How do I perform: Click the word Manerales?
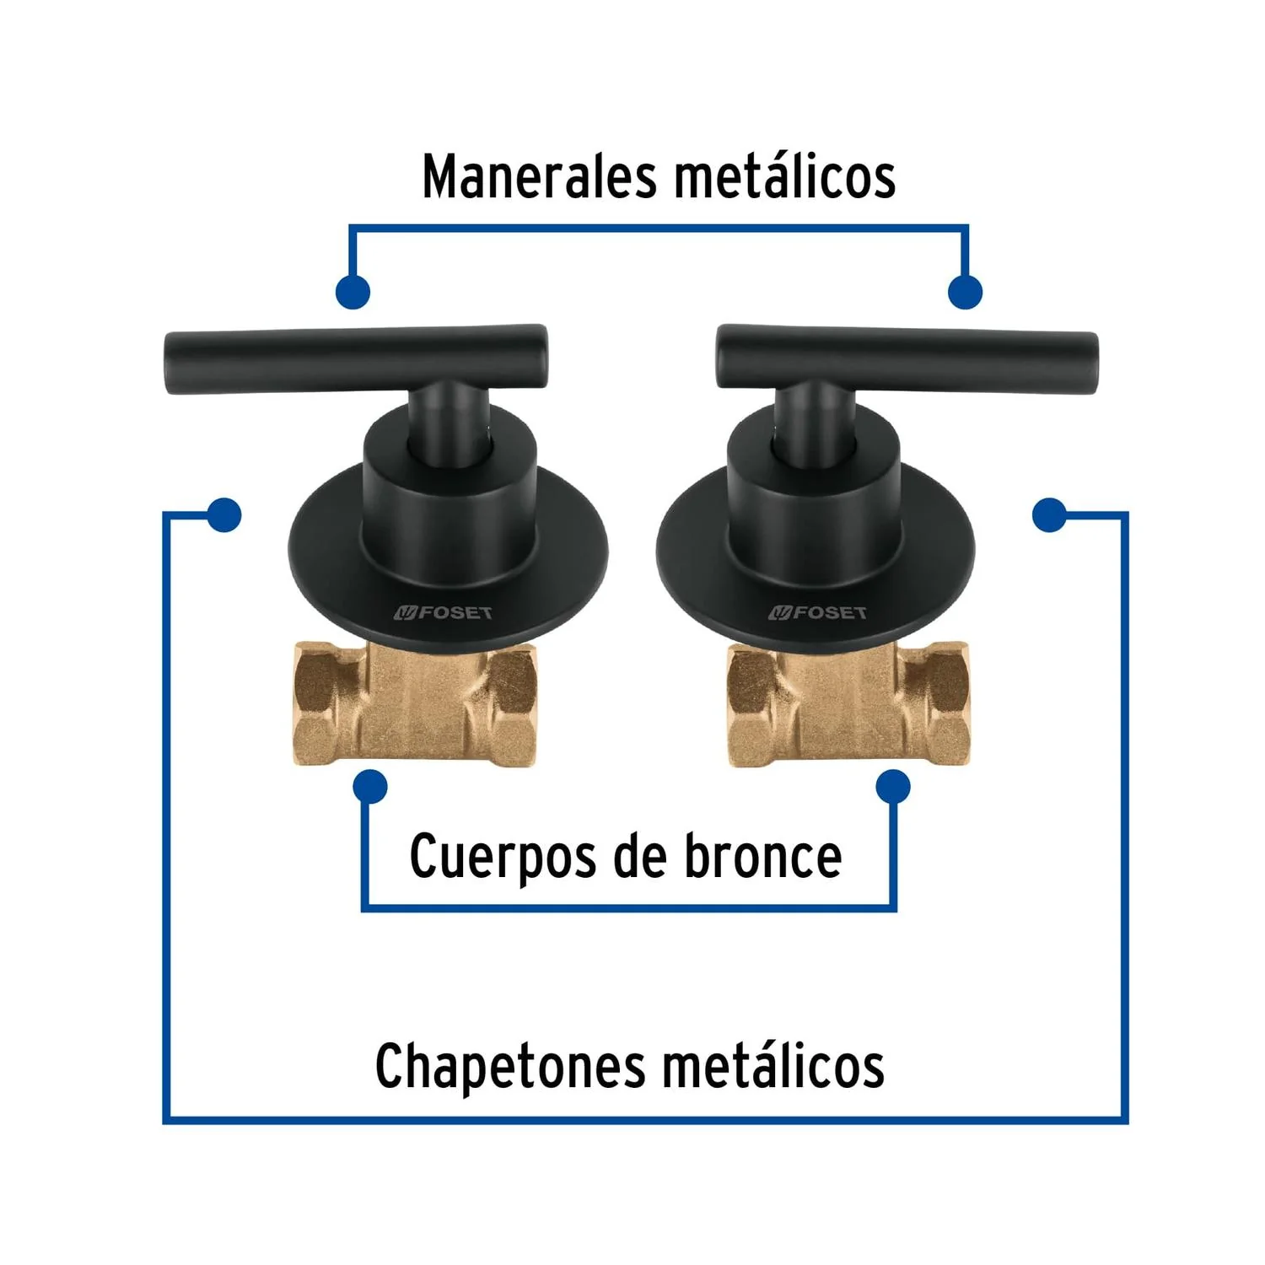click(x=539, y=176)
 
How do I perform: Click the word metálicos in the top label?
click(x=784, y=176)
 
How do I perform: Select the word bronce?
click(x=762, y=856)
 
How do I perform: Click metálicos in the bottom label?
click(x=772, y=1066)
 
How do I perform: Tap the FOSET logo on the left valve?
click(x=444, y=613)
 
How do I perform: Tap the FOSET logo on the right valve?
click(x=817, y=613)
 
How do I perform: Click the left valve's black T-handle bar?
click(x=356, y=358)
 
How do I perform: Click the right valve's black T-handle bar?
click(x=907, y=358)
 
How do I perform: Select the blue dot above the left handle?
click(x=353, y=292)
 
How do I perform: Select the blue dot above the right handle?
click(x=965, y=292)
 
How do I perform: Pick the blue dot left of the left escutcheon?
click(x=223, y=514)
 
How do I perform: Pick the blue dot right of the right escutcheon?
click(x=1049, y=514)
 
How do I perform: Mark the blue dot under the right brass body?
click(x=893, y=787)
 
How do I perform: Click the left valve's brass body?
click(x=415, y=704)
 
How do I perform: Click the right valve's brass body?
click(x=848, y=704)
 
